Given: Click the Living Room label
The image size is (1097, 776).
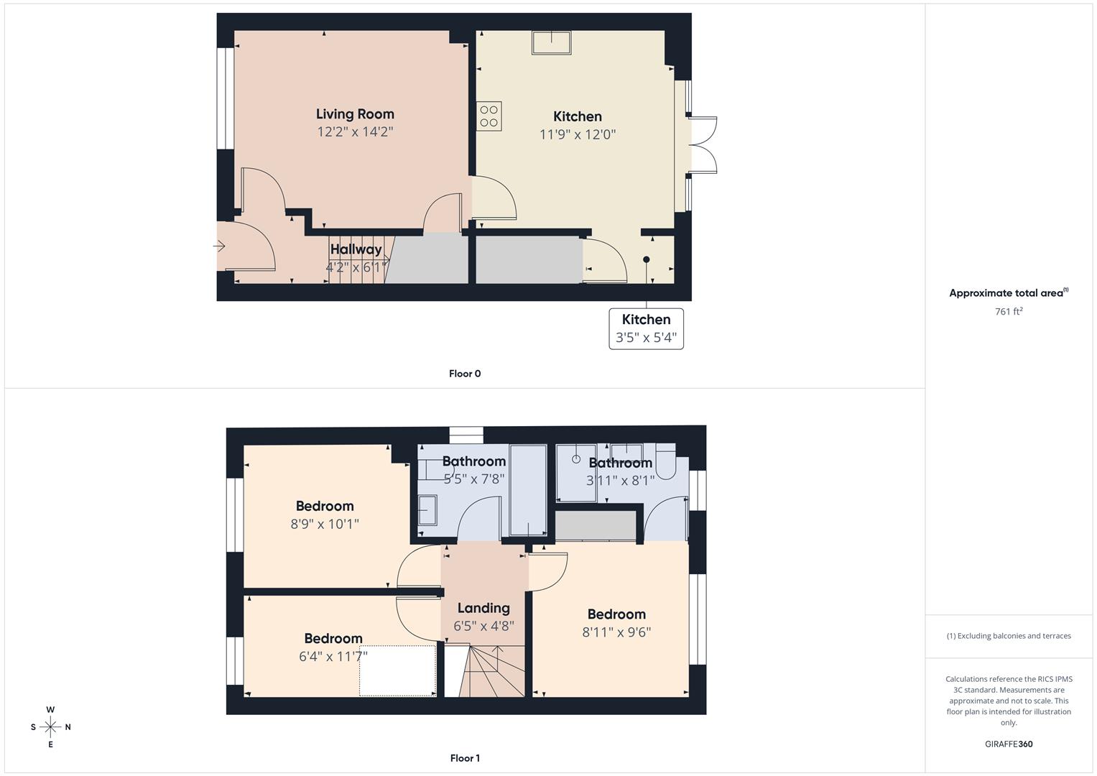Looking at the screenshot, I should coord(355,114).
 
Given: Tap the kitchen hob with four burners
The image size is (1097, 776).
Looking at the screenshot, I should coord(489,116).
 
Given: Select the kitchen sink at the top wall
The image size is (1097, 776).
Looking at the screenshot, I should coord(551,42).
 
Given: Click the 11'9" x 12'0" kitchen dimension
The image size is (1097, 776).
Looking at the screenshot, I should coord(578,134).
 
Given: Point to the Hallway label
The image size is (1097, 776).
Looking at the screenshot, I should coord(356,249).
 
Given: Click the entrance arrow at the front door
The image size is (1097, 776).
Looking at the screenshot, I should coord(220,246).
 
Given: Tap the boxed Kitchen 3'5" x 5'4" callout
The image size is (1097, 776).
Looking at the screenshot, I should coord(646,329).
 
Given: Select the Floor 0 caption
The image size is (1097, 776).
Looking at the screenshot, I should coord(465,374).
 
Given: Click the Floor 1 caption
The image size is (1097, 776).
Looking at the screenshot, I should coord(465,758).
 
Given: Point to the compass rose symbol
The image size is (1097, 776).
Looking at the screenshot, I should coord(50,727).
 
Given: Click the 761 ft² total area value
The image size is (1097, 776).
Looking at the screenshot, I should coord(1009,311).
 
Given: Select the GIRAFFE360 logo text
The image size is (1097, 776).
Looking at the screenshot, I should coord(1009,744).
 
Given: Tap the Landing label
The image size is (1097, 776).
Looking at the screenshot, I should coord(483,608).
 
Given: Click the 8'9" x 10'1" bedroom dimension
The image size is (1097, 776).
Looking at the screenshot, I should coord(325,525).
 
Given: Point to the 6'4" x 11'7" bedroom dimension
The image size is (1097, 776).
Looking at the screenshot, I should coord(333,656).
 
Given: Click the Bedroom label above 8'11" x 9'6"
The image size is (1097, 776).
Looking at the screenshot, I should coord(616,614).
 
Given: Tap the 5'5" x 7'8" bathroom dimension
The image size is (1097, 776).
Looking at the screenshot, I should coord(474,479).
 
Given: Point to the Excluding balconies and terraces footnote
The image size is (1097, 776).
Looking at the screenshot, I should coord(1009,636).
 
